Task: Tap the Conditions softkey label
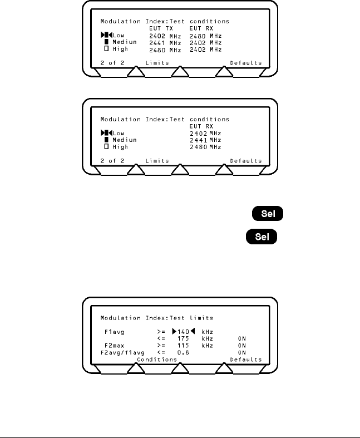point(156,360)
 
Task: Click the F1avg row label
point(115,332)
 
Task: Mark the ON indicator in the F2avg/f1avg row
point(241,352)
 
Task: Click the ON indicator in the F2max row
point(241,346)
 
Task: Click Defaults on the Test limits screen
point(245,360)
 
